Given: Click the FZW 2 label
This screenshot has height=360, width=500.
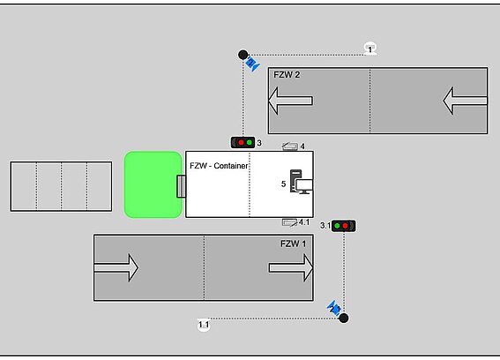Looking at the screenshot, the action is [x=287, y=75].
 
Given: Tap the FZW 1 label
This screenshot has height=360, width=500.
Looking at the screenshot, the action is [x=293, y=244].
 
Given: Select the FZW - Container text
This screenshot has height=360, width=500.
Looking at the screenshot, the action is [x=219, y=166].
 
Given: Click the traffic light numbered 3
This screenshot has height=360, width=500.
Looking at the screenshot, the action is [x=243, y=142].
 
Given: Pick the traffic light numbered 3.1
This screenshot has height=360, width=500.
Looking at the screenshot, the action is [x=343, y=226].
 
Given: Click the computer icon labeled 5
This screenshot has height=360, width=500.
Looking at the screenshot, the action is [x=301, y=182].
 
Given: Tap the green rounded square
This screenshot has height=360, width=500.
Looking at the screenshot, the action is [x=153, y=184].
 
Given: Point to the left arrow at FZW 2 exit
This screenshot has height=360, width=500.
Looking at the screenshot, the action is [x=290, y=101].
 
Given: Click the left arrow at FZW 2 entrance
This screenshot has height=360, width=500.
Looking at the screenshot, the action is [x=466, y=101].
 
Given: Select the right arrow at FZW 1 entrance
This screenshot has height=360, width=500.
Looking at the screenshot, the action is [x=116, y=267].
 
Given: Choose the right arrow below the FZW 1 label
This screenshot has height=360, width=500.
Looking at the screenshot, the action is [x=291, y=267].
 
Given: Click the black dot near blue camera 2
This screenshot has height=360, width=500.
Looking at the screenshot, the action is [x=243, y=55].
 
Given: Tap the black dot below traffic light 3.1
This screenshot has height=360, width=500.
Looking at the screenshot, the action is [x=343, y=318].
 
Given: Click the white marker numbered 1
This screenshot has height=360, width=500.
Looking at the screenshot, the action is [x=369, y=49].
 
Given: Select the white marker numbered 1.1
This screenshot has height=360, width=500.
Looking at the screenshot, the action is [x=204, y=325].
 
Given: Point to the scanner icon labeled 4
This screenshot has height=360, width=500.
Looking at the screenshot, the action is [x=290, y=146].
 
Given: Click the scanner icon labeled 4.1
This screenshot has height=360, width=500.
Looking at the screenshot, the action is [x=289, y=222].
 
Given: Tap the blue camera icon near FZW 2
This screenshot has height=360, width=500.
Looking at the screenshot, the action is [x=252, y=64].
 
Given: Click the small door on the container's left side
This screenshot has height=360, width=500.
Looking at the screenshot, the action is [x=182, y=186].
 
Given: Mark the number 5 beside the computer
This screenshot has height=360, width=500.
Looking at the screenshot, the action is [x=283, y=184].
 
